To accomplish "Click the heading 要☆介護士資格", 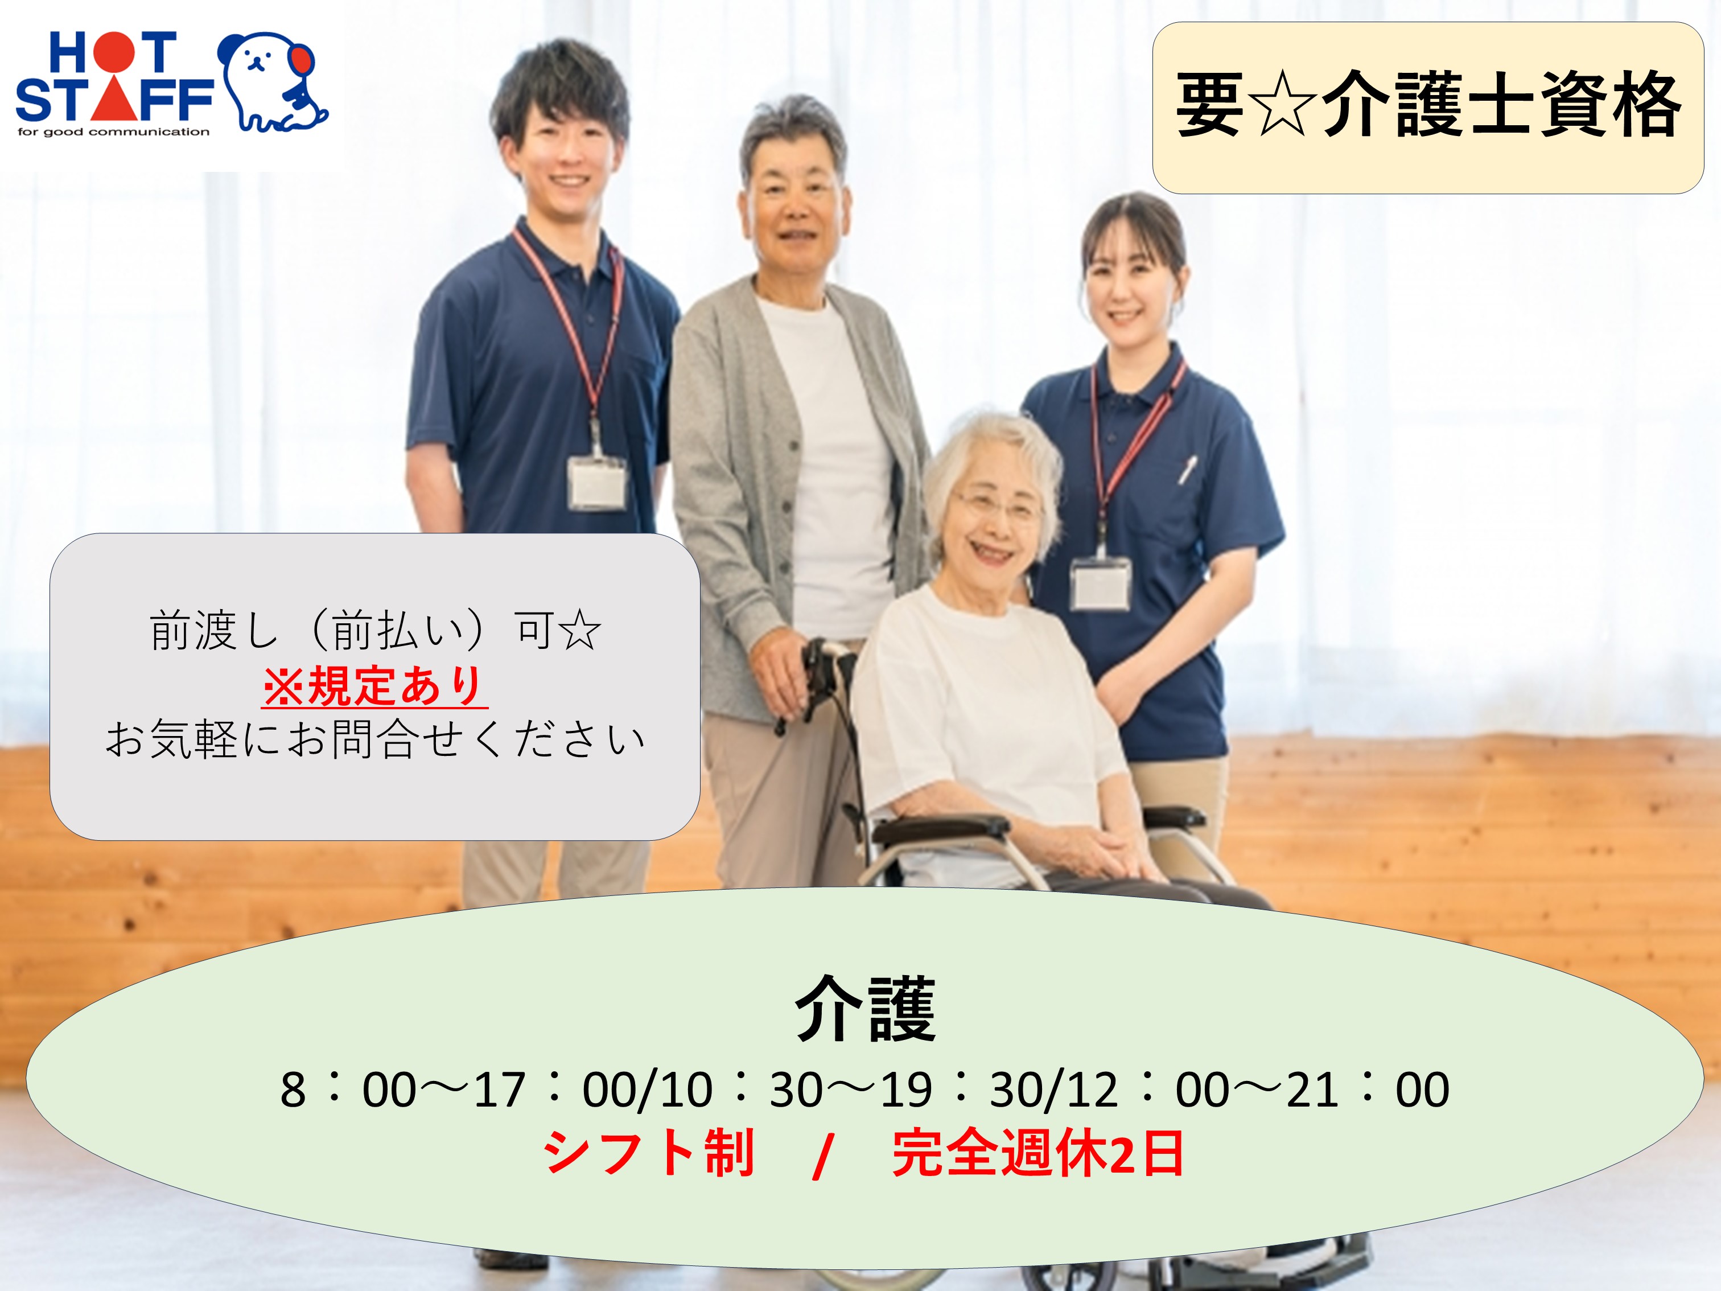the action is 1428,105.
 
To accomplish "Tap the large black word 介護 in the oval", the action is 864,1009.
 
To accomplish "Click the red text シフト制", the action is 649,1153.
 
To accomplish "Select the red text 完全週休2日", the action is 1038,1153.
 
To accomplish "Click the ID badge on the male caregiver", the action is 597,483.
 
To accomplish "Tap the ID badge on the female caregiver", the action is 1100,583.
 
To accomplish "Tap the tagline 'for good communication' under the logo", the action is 114,131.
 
